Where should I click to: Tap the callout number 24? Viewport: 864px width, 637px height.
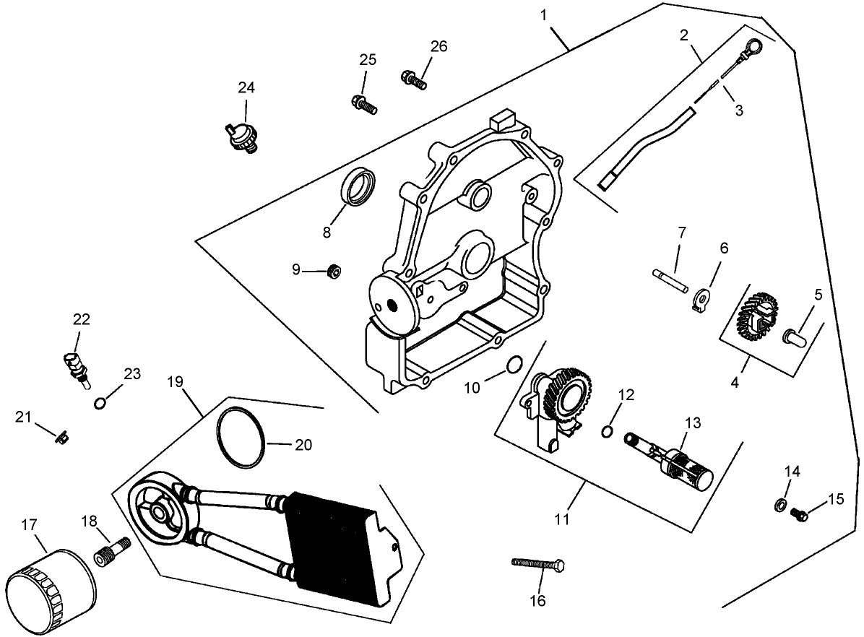pyautogui.click(x=246, y=87)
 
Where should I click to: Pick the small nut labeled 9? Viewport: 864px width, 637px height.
pyautogui.click(x=333, y=272)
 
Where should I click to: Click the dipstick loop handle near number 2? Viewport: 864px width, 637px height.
pyautogui.click(x=752, y=47)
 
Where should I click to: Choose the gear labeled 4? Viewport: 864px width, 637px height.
pyautogui.click(x=755, y=316)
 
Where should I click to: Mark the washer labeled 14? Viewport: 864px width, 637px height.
pyautogui.click(x=781, y=504)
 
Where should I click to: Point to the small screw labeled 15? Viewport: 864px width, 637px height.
pyautogui.click(x=799, y=514)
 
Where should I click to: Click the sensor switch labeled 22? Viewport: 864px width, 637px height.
pyautogui.click(x=75, y=363)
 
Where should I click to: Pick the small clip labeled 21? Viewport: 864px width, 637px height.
pyautogui.click(x=63, y=437)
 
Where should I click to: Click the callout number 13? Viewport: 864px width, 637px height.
pyautogui.click(x=693, y=423)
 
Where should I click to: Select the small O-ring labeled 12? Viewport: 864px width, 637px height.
pyautogui.click(x=608, y=432)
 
